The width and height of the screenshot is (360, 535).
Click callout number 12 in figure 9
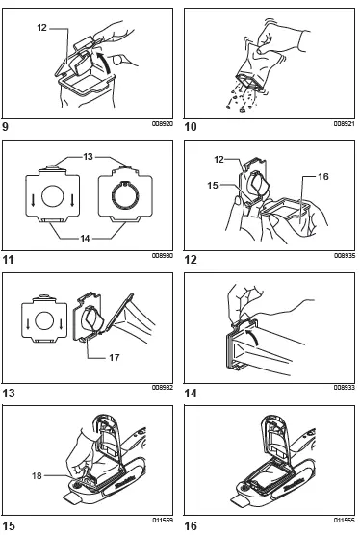(42, 27)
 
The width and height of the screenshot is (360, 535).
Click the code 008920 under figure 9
(163, 124)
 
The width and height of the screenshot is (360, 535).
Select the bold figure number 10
(191, 127)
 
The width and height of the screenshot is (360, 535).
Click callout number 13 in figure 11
(88, 156)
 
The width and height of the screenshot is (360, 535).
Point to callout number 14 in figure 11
(85, 238)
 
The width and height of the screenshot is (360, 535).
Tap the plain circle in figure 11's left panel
(53, 196)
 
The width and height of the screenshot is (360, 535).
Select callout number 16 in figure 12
(323, 176)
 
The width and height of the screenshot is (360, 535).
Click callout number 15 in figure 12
(213, 185)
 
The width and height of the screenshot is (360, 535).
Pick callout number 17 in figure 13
(115, 357)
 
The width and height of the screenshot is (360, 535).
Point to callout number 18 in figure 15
(37, 475)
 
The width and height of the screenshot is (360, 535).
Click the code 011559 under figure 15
(163, 521)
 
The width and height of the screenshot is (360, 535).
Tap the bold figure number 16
(191, 526)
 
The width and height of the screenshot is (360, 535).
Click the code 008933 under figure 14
(345, 387)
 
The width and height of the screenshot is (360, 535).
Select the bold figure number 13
(9, 394)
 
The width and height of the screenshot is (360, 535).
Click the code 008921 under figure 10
(345, 124)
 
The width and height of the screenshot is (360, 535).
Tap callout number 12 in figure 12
(219, 159)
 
